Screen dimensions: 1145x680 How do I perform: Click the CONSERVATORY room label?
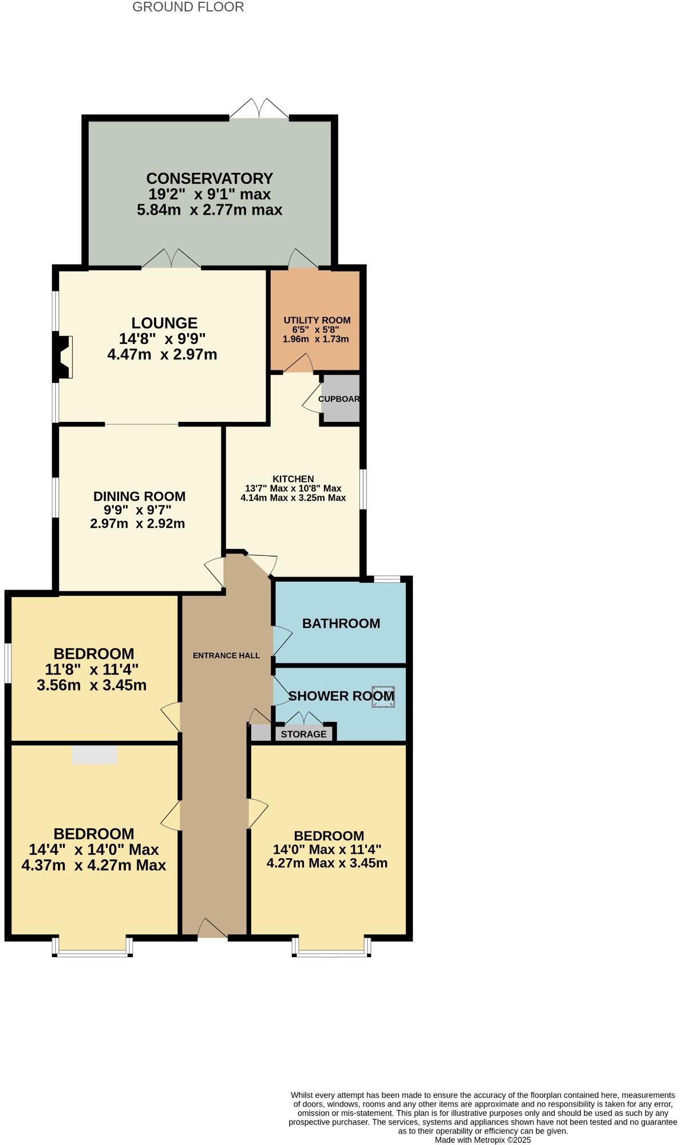209,179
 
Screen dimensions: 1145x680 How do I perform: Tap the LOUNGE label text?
164,323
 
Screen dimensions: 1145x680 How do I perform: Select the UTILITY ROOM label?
317,320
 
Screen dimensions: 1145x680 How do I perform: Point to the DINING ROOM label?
140,496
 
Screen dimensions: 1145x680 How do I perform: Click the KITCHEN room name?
293,479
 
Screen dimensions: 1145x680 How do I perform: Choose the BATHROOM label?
341,623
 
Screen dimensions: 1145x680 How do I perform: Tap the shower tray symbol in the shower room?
383,696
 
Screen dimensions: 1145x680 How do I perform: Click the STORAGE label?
303,734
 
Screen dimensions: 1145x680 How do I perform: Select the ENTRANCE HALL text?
226,656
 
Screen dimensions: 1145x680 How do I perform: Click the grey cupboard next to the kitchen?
340,399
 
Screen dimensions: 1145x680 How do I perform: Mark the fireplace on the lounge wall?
63,357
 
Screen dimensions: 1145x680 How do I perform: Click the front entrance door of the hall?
212,929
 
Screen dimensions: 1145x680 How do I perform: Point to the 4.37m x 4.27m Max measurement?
94,865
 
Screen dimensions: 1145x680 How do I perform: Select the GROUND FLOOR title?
188,7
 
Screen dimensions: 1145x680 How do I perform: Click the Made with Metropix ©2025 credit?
483,1140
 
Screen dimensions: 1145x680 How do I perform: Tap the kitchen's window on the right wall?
362,489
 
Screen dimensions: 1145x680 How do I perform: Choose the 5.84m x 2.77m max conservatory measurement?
209,210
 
